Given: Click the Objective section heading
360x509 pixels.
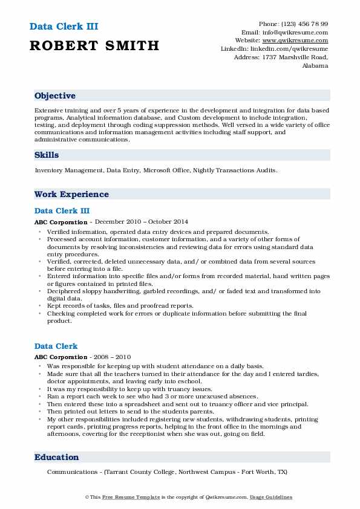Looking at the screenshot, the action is click(55, 96).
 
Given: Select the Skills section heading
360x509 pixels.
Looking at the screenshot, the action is click(47, 155).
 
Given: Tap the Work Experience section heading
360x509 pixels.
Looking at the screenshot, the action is click(71, 195).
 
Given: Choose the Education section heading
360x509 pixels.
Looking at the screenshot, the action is click(56, 458).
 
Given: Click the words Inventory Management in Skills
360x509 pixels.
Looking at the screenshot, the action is click(69, 171).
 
